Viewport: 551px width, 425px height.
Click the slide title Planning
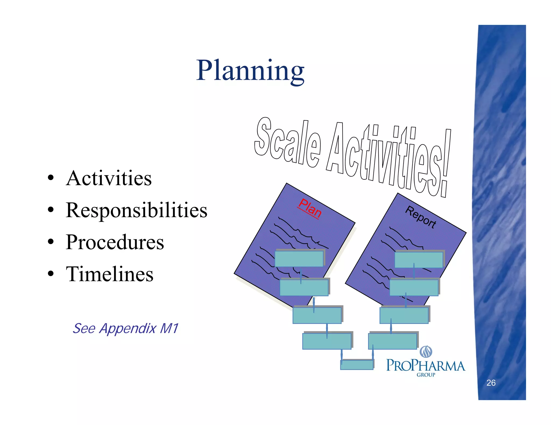[250, 70]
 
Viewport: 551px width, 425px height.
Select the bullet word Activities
[109, 178]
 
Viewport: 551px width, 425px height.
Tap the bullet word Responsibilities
[137, 210]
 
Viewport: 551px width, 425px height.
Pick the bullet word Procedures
[115, 242]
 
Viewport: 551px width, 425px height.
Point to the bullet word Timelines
[110, 274]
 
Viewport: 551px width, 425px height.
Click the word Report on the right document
[421, 217]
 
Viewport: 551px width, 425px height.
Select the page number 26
[491, 383]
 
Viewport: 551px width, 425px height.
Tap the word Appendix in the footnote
[128, 329]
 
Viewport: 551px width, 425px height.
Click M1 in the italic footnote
[169, 328]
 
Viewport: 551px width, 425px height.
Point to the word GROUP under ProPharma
[426, 375]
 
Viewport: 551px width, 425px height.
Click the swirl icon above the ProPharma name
[426, 351]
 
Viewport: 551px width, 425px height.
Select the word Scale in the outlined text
[287, 142]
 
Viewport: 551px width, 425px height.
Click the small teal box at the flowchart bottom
[357, 365]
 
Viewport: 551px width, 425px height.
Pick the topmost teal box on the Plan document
[299, 258]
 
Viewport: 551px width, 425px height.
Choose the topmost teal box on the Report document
[419, 259]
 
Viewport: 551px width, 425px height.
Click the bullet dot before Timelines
[51, 274]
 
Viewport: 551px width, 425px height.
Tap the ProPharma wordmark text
[426, 366]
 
